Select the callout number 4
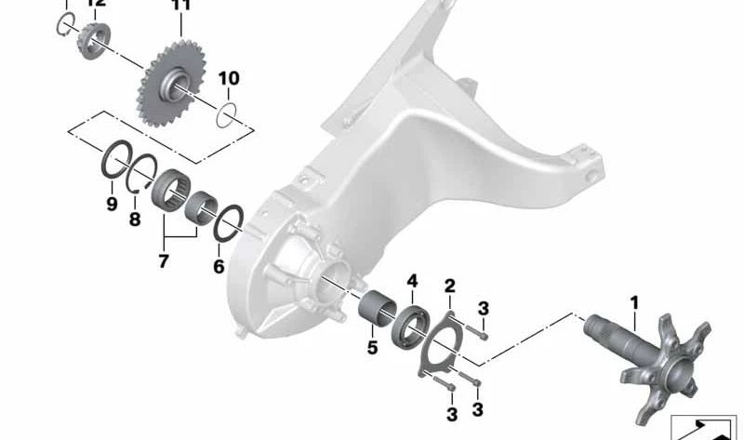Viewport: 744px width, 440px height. click(x=412, y=279)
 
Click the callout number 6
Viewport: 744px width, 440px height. click(x=219, y=266)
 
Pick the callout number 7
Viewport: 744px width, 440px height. click(x=164, y=261)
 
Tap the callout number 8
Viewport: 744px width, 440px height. click(x=135, y=220)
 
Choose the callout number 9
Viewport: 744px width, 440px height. click(x=111, y=204)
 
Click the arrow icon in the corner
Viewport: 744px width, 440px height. click(x=704, y=425)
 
